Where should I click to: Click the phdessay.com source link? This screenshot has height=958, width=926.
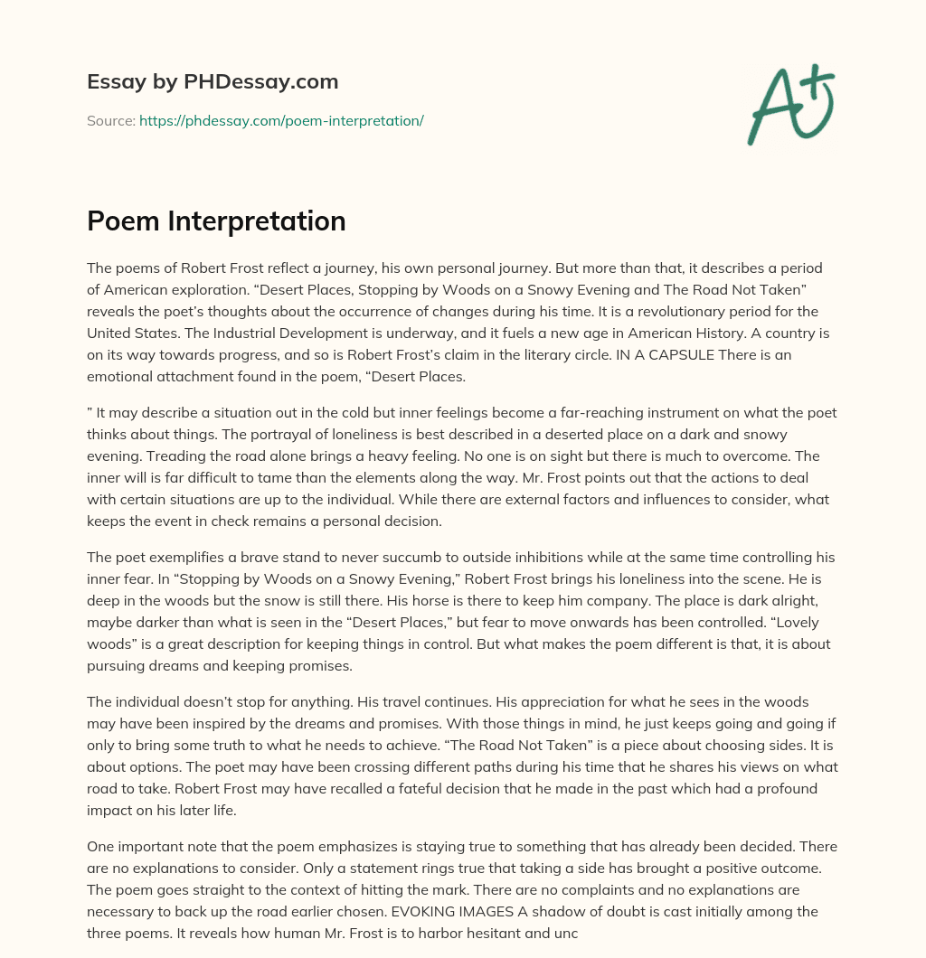(x=281, y=120)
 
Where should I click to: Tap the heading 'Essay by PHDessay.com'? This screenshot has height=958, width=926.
(x=213, y=82)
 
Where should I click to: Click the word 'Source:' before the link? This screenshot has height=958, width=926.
(x=111, y=120)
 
